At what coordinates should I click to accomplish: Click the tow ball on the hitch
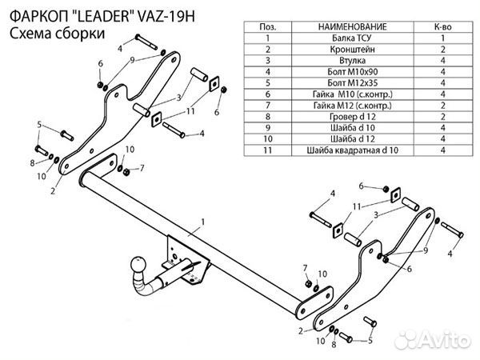click(138, 265)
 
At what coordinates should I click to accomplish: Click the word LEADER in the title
click(97, 15)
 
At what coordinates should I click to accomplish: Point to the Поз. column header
click(265, 26)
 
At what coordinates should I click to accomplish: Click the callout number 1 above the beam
click(203, 221)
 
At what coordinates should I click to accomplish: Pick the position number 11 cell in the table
click(265, 149)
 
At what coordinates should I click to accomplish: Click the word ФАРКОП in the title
click(35, 15)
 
